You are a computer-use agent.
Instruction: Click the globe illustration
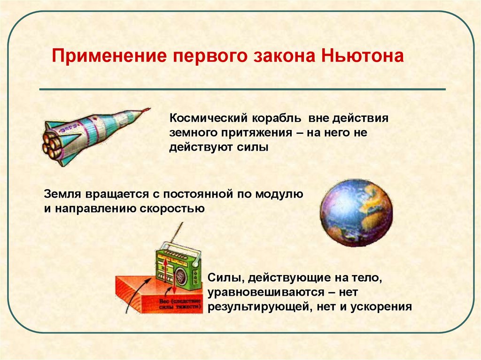(356, 212)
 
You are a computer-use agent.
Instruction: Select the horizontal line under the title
(242, 89)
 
